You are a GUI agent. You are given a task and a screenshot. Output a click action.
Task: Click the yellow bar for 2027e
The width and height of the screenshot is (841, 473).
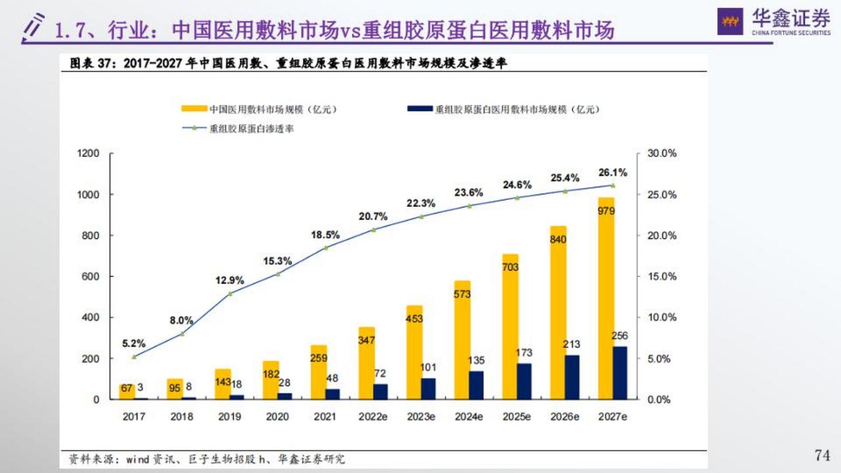[606, 302]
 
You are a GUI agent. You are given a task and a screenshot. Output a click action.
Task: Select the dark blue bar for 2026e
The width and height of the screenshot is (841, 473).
[572, 377]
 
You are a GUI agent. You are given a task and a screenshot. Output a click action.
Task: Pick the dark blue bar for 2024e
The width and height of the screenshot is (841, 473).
[476, 385]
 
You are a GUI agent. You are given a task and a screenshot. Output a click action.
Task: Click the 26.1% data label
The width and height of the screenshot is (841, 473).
[612, 173]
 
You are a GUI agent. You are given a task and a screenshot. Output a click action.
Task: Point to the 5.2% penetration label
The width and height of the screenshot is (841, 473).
[134, 343]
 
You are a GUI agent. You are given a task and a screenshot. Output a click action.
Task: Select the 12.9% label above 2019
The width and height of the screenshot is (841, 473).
[229, 281]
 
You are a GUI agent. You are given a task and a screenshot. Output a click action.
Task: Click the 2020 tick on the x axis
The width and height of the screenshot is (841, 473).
[277, 417]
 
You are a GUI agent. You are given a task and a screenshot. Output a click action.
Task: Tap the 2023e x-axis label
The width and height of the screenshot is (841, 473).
[420, 417]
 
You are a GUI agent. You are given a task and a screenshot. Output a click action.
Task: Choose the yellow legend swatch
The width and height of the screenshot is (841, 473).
[194, 109]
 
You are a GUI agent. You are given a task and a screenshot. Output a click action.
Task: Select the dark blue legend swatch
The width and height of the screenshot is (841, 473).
[421, 109]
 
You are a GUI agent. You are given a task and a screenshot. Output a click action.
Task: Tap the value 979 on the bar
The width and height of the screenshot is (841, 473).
[606, 210]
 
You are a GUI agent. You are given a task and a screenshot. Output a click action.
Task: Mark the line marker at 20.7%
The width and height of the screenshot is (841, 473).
[373, 229]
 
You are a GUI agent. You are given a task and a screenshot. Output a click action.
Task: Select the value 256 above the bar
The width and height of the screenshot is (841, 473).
[620, 336]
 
